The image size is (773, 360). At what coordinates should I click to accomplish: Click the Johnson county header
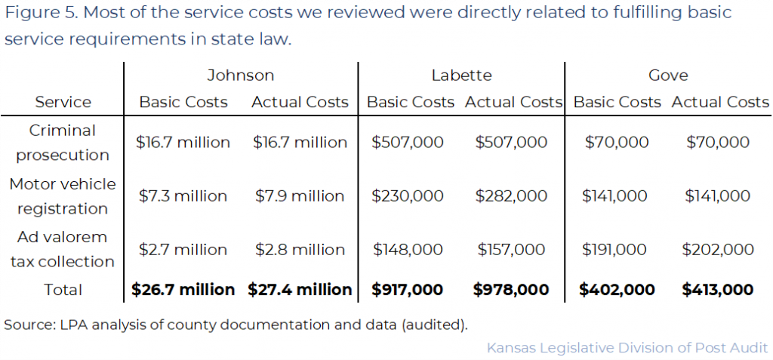click(240, 75)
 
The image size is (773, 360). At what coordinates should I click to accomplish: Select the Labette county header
click(461, 75)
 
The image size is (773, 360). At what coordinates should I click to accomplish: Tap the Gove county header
click(668, 75)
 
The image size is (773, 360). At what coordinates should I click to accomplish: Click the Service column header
click(63, 102)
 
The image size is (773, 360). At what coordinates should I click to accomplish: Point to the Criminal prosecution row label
click(63, 143)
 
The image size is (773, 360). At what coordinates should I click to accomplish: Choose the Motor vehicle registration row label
click(63, 196)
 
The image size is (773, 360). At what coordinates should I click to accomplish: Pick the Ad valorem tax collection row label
click(63, 249)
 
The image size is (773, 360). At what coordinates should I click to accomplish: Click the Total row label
click(63, 290)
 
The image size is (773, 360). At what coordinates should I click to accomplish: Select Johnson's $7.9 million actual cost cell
click(299, 196)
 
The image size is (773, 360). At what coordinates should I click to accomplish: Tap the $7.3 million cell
click(183, 196)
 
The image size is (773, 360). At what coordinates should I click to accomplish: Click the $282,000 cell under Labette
click(511, 196)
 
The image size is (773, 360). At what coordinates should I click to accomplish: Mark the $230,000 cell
click(408, 196)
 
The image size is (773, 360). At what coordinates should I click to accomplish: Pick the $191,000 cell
click(614, 249)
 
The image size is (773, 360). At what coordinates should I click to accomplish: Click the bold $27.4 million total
click(300, 290)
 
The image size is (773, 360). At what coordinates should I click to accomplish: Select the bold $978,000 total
click(511, 290)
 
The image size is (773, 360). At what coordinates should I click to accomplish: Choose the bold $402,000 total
click(614, 290)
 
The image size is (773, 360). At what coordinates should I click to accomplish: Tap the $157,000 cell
click(511, 249)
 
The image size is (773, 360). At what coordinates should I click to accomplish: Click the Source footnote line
click(236, 325)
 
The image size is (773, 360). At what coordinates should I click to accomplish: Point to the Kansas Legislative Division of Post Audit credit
click(627, 348)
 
